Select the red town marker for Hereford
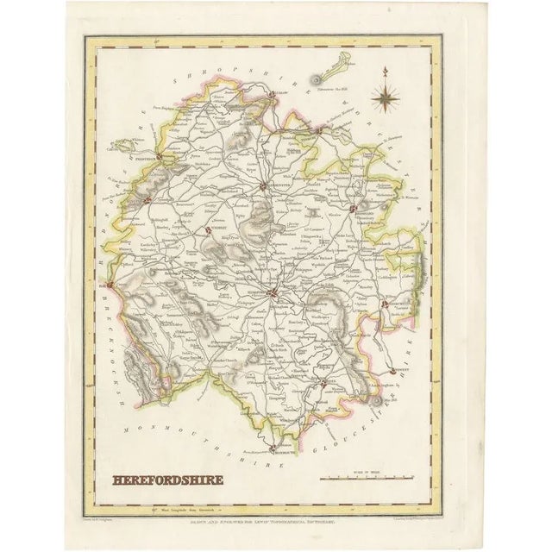[x=272, y=296]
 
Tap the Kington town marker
[x=148, y=202]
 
